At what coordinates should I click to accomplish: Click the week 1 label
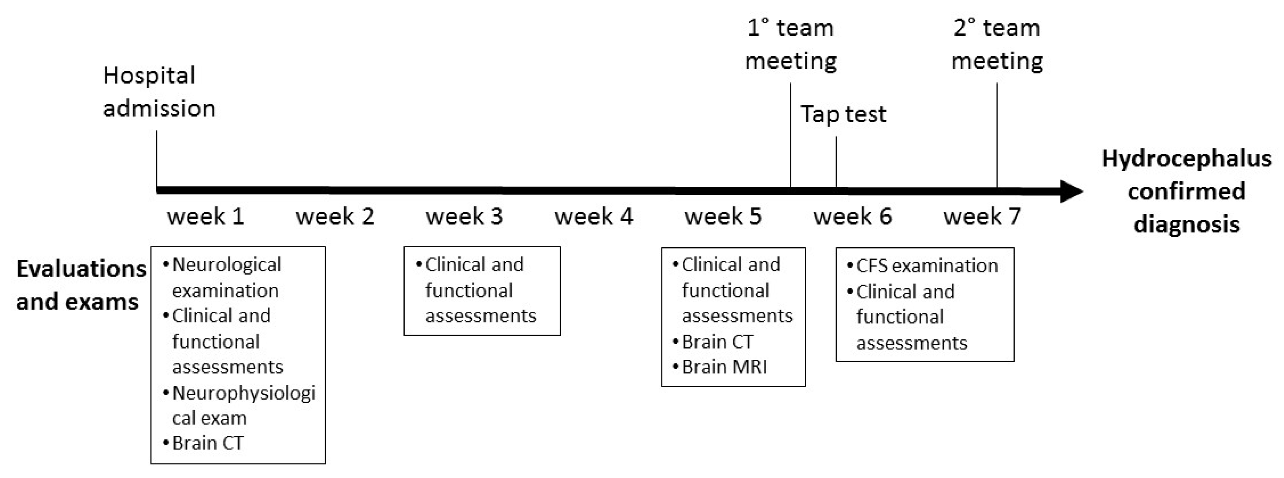205,217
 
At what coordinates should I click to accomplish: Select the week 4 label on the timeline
593,217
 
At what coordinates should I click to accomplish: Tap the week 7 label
982,217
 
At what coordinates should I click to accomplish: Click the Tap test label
844,115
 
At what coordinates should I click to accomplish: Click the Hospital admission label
159,92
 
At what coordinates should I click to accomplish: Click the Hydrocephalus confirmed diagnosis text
1186,192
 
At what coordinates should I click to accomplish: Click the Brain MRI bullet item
724,367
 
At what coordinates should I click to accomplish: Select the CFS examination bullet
926,266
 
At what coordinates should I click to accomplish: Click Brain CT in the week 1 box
207,443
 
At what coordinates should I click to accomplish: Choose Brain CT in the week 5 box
717,342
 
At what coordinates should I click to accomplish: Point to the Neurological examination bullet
226,277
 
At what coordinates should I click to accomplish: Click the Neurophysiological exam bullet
243,405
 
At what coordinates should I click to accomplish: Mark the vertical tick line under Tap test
836,162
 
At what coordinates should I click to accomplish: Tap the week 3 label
464,217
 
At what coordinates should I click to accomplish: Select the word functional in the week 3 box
469,291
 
